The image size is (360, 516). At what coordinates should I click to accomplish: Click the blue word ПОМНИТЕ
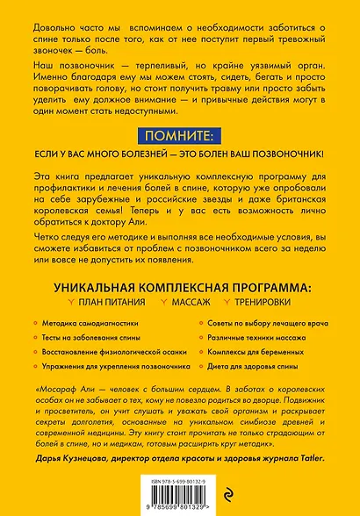[179, 136]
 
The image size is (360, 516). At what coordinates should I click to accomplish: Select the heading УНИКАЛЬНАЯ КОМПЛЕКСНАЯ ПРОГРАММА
[180, 286]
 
